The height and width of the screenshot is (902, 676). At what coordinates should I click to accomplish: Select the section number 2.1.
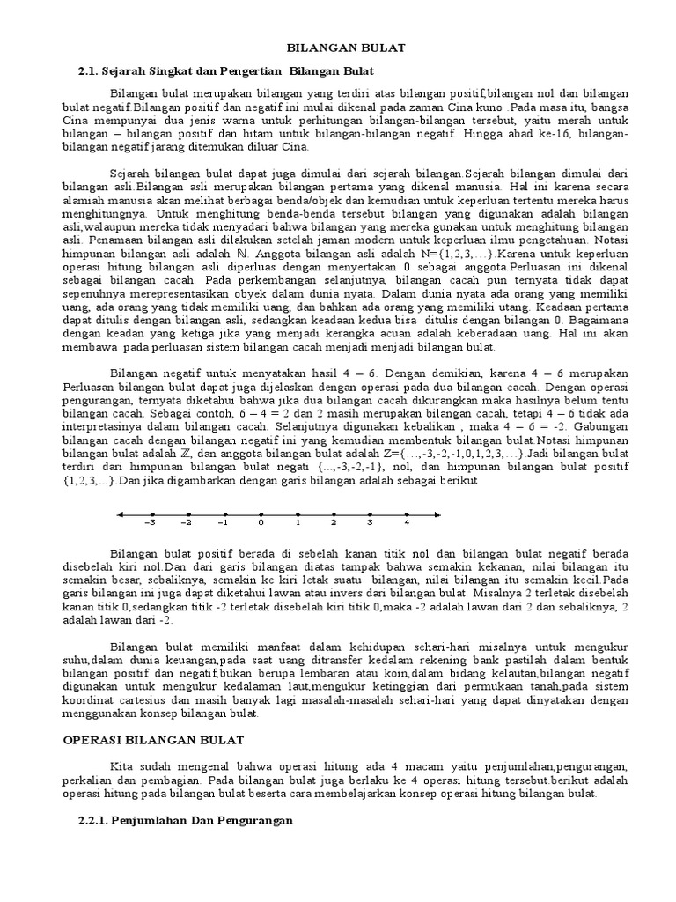(x=91, y=69)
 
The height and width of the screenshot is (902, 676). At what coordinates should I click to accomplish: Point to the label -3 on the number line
(x=151, y=522)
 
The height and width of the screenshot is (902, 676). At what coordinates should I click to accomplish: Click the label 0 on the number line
(x=261, y=522)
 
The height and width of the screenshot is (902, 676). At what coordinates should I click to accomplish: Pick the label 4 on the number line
(x=407, y=522)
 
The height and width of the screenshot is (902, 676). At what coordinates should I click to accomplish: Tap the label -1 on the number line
(x=224, y=522)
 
